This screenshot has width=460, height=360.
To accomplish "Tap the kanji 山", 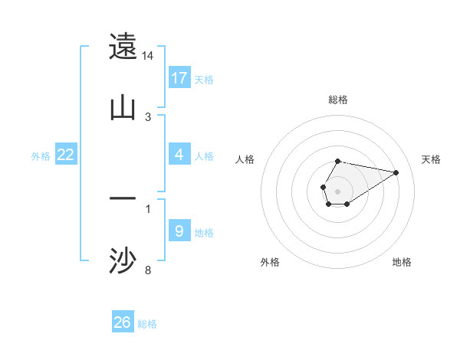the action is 123,106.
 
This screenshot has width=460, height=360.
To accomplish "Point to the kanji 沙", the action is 123,260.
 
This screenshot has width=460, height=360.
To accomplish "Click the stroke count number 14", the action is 148,56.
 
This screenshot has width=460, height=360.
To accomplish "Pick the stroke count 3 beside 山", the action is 148,116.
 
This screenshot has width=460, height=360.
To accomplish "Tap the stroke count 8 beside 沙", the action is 148,270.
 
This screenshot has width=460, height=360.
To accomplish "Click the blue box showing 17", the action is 179,78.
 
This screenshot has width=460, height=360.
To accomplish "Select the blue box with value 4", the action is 179,155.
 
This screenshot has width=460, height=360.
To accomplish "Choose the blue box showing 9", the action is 179,231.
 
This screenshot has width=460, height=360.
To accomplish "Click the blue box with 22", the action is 66,155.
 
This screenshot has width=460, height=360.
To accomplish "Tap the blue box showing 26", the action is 123,322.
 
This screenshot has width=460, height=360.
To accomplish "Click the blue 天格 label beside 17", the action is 204,79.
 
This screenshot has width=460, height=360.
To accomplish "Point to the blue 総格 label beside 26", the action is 147,323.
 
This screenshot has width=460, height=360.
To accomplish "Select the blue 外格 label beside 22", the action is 41,155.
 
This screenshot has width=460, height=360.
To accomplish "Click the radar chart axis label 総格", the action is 337,100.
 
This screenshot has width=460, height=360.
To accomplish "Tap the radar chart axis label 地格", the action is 402,262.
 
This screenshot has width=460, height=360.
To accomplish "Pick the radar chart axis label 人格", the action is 245,159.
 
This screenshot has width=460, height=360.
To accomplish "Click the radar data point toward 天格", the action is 396,172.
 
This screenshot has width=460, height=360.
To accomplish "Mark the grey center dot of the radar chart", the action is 337,190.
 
